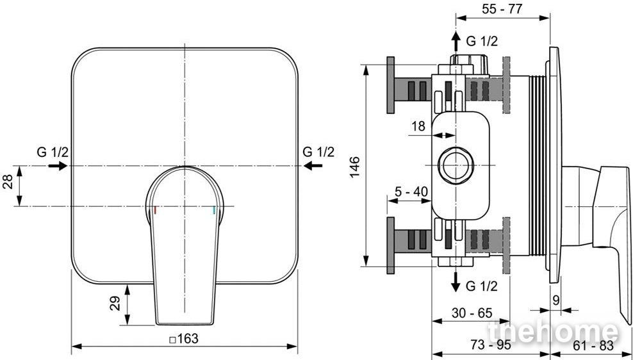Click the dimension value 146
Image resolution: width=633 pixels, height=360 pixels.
point(354,167)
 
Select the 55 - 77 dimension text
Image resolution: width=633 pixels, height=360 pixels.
point(502,9)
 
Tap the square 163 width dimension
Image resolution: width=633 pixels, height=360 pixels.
point(184,339)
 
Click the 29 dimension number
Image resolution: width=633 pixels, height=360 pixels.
point(115,304)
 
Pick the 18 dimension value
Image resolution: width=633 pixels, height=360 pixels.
point(418,126)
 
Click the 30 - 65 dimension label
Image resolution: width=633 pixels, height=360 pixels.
point(472,313)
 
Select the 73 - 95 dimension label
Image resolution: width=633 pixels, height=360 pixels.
point(491,345)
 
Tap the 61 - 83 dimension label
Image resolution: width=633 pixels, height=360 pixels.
point(593,345)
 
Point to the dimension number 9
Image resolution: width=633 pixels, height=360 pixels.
point(556,300)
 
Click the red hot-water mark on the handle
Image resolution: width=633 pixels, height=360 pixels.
point(154,210)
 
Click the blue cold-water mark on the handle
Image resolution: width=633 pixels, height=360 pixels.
point(213,210)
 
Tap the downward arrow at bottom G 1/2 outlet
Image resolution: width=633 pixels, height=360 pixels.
point(456,282)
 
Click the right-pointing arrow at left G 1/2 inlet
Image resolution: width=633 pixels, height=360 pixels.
point(57,166)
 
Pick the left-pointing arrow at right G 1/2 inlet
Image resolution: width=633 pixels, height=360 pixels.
point(313,165)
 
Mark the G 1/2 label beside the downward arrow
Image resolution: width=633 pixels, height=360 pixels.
point(482,286)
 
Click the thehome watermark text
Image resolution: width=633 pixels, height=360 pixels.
point(553,332)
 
